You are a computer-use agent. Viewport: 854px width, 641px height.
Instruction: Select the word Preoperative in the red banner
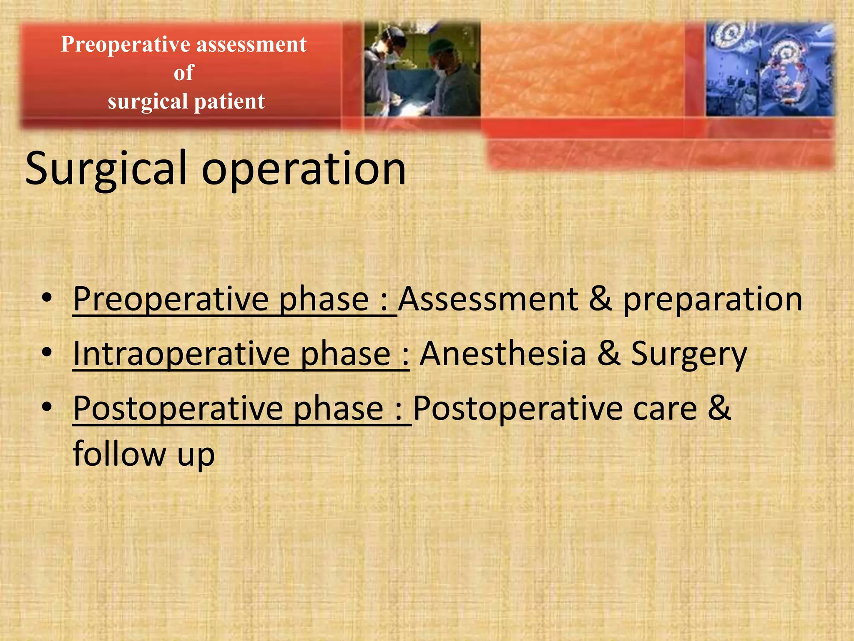126,44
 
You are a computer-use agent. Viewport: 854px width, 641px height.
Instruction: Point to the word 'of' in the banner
184,73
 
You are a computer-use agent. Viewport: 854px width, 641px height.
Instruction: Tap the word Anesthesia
503,353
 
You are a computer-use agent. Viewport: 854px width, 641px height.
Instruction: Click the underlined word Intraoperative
181,354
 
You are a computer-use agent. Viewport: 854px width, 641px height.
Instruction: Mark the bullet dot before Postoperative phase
47,406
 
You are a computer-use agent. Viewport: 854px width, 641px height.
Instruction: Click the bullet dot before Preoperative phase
47,298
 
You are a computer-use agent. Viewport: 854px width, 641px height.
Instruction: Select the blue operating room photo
770,69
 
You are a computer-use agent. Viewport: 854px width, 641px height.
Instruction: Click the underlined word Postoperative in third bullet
177,409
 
